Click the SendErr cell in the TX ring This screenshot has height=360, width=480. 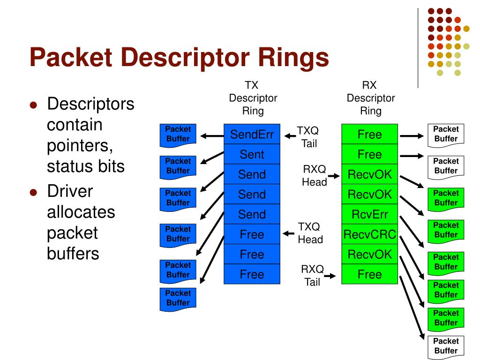[x=252, y=134]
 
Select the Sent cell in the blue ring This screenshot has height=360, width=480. [x=252, y=154]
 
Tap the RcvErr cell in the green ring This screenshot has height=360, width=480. [x=369, y=214]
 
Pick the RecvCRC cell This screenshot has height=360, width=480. [x=369, y=234]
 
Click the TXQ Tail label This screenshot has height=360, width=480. [x=308, y=137]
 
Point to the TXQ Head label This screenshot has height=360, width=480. [x=310, y=233]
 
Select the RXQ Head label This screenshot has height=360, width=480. [x=315, y=175]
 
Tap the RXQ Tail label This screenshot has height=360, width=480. [x=313, y=276]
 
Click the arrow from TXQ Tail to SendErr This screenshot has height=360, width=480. [x=290, y=136]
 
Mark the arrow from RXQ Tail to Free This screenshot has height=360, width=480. [x=330, y=276]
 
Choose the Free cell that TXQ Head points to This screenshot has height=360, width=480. [x=252, y=234]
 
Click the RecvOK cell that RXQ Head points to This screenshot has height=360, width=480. [x=369, y=174]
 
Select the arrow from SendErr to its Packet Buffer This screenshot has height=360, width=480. [x=212, y=135]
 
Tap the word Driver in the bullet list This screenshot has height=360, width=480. [x=70, y=191]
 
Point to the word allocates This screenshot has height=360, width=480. [x=81, y=212]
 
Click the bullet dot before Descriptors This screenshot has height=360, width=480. [x=33, y=105]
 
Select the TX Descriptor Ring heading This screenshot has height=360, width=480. [x=253, y=98]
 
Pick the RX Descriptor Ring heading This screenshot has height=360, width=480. [x=371, y=98]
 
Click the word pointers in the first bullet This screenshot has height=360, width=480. [x=80, y=146]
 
